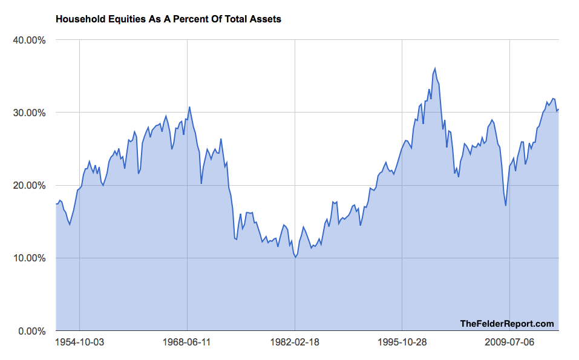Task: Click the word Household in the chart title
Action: point(79,19)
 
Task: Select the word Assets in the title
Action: point(267,19)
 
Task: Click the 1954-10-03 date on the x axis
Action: point(79,342)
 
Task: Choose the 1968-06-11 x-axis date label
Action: point(187,342)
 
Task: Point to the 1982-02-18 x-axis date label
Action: point(295,342)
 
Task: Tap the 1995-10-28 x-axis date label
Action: point(402,342)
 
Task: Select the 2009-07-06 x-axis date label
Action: point(510,342)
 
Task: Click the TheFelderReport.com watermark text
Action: point(507,324)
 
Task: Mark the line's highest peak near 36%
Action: point(435,68)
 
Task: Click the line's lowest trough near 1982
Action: point(295,257)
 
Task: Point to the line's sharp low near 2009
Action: point(506,206)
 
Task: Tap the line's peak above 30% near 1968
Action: point(189,107)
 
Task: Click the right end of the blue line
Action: point(558,110)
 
